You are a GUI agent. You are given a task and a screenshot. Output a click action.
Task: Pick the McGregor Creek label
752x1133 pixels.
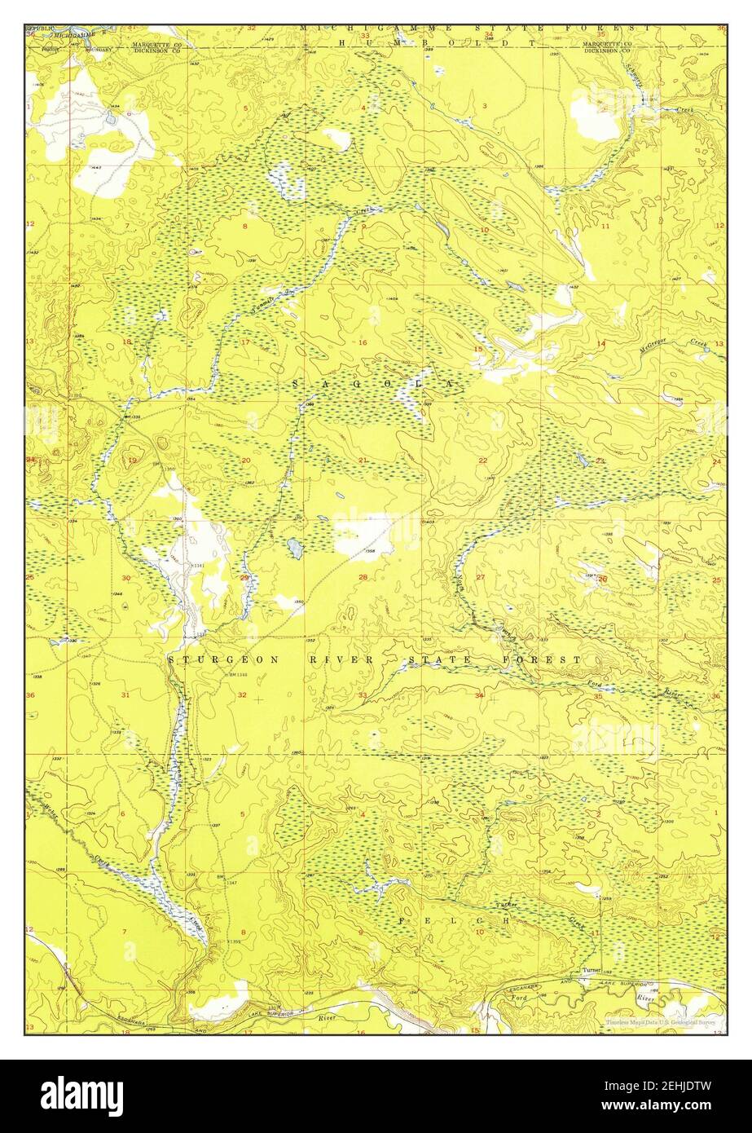(662, 346)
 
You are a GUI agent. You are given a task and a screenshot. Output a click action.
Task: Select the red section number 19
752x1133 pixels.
(132, 461)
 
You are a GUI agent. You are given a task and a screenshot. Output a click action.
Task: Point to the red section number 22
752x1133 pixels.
(482, 461)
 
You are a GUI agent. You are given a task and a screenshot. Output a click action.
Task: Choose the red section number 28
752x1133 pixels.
(363, 577)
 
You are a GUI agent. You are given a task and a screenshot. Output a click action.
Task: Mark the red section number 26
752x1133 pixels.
(602, 578)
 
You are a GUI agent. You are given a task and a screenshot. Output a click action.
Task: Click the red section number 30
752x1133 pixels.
(126, 578)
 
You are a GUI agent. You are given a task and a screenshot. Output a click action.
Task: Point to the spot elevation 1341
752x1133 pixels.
(197, 565)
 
